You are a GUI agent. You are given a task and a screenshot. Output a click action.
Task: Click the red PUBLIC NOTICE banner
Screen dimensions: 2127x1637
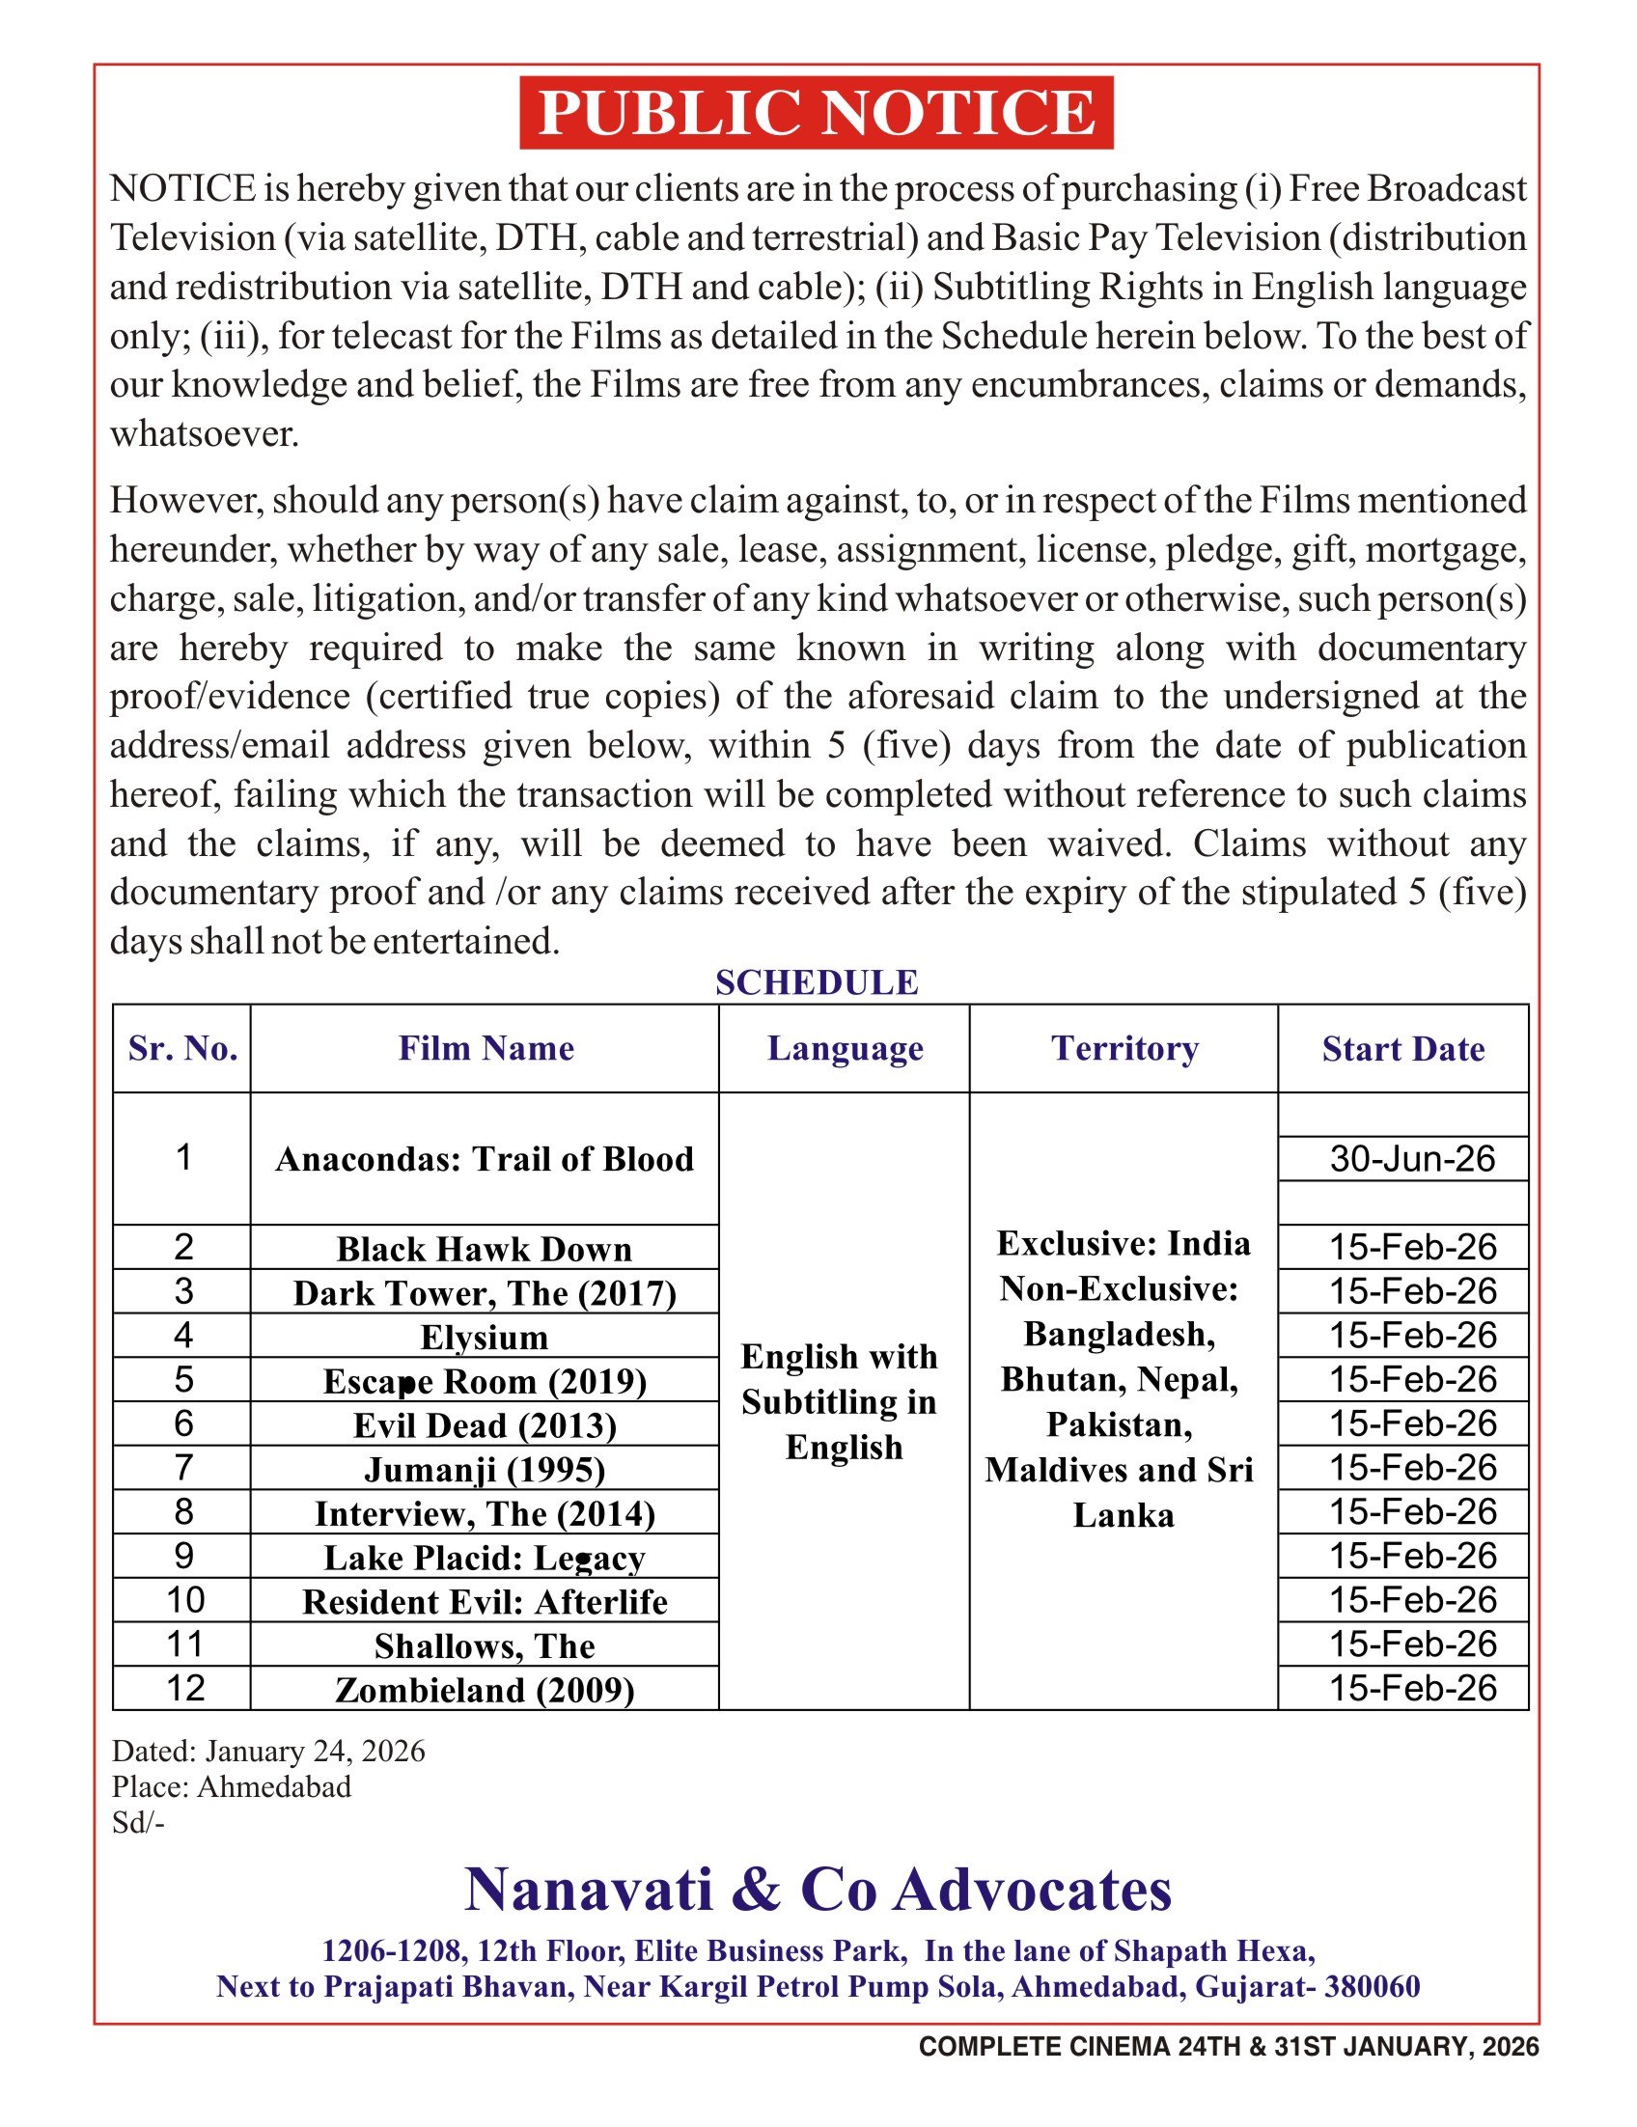tap(816, 112)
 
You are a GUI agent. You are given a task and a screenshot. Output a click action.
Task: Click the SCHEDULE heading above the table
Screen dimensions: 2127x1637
tap(816, 982)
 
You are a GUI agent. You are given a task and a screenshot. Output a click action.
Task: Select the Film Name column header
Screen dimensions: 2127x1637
tap(485, 1048)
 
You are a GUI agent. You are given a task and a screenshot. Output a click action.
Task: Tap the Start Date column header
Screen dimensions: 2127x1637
tap(1402, 1049)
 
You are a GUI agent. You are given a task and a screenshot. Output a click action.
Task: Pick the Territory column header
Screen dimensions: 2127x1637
tap(1124, 1048)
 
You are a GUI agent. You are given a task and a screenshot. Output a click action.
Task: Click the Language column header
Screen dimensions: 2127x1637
tap(845, 1048)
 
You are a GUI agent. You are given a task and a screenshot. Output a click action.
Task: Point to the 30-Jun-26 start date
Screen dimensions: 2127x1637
tap(1411, 1159)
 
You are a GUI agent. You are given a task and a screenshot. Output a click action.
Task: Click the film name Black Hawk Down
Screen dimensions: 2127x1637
tap(484, 1249)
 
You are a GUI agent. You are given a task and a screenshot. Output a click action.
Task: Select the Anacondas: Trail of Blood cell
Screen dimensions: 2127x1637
tap(484, 1159)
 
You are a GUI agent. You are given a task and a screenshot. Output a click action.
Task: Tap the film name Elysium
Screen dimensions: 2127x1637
tap(484, 1338)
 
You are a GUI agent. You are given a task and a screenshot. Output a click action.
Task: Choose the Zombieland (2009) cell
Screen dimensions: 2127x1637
tap(484, 1690)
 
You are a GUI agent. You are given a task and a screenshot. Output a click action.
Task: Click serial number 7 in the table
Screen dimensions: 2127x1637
tap(183, 1468)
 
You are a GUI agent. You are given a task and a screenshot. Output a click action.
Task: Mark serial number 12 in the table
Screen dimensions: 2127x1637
tap(185, 1688)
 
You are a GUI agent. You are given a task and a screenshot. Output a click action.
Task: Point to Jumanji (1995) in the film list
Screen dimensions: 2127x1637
tap(484, 1470)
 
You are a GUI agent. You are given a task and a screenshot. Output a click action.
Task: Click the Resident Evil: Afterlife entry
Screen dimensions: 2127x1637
tap(484, 1602)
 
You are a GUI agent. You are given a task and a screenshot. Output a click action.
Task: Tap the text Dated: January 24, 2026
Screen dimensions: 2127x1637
tap(267, 1751)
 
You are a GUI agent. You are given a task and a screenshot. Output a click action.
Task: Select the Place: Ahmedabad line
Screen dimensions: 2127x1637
tap(231, 1787)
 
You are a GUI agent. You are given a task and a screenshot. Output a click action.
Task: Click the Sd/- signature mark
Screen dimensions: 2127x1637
tap(138, 1822)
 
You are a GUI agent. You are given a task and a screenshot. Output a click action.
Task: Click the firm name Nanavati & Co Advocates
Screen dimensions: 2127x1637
tap(817, 1891)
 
